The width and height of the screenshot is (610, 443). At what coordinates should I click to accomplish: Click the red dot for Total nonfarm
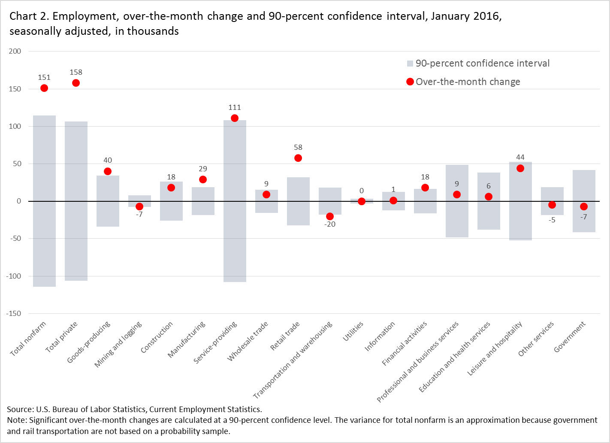tap(44, 88)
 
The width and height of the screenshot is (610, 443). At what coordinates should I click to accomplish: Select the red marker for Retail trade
tap(298, 158)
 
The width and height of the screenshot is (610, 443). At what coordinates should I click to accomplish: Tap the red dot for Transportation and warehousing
tap(330, 216)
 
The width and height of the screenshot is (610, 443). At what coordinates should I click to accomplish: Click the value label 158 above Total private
tap(76, 72)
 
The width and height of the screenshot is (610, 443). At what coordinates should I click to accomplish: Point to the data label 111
tap(235, 107)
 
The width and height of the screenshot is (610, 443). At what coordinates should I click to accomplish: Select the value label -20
tap(330, 224)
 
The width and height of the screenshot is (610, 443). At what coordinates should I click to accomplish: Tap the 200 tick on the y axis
tap(15, 51)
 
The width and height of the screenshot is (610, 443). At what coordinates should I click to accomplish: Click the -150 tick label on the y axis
tap(14, 313)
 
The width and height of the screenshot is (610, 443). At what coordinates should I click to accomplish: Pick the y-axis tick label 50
tap(17, 164)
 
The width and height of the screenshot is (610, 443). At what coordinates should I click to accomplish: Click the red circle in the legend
tap(410, 82)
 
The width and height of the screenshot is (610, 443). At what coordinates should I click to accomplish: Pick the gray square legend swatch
tap(410, 64)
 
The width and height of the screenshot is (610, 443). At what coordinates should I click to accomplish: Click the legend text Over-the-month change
tap(468, 82)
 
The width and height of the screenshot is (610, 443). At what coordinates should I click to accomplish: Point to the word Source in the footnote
tap(20, 409)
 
